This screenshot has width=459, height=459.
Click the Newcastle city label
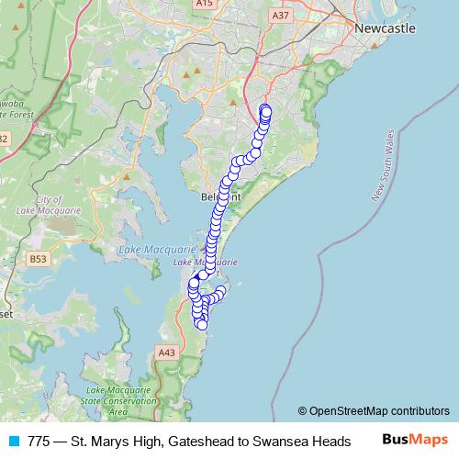tap(385, 28)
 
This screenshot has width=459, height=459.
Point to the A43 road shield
tap(166, 352)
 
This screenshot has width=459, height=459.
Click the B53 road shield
tap(38, 260)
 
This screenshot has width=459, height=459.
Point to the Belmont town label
tap(220, 197)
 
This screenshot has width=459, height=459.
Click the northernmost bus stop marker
tap(265, 109)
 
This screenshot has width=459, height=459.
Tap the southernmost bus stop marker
tap(202, 324)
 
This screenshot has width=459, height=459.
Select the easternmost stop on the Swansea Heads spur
tap(220, 291)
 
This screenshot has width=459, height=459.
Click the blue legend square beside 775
tap(13, 442)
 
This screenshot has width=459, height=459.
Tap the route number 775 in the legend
tap(39, 442)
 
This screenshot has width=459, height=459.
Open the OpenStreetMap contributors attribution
tap(379, 411)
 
